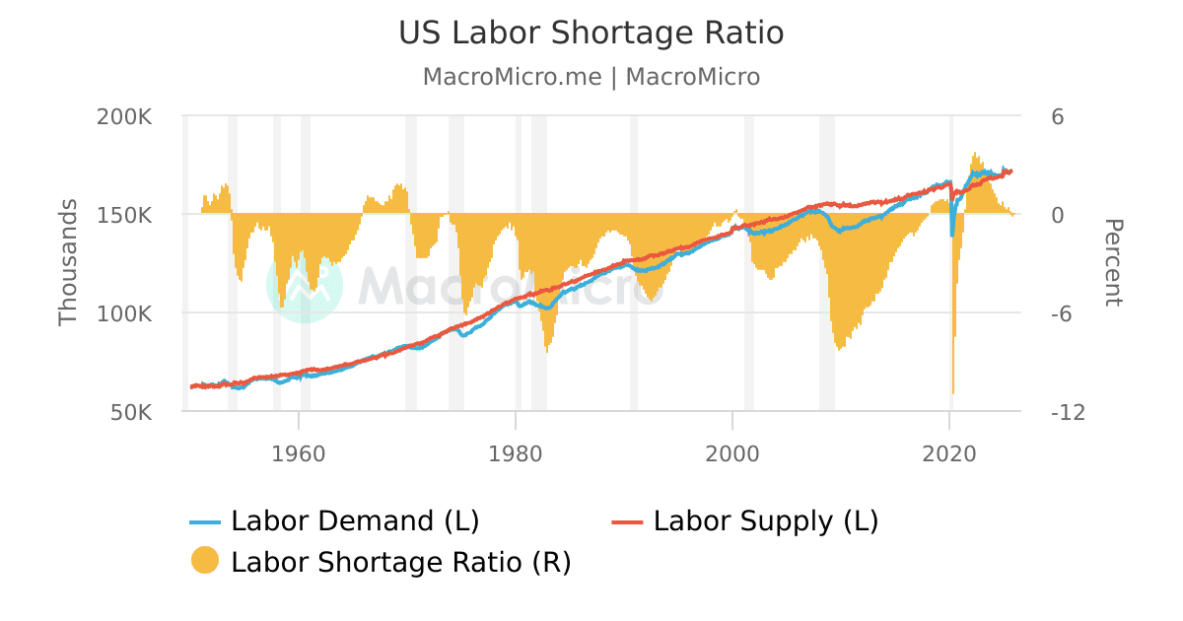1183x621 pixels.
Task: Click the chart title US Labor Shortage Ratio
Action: (x=591, y=34)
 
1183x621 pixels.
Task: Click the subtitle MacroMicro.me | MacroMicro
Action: (x=591, y=77)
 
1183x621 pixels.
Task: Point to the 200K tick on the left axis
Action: (x=124, y=116)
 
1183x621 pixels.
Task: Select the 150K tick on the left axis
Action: (x=124, y=215)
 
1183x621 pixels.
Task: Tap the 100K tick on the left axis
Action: (x=124, y=313)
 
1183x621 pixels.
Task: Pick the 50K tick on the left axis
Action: (x=129, y=412)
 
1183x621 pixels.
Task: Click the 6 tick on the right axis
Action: (x=1058, y=116)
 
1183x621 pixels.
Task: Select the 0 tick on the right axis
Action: (x=1058, y=215)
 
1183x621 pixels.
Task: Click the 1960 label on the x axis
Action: (x=298, y=453)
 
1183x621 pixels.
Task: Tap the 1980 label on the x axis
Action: (x=515, y=453)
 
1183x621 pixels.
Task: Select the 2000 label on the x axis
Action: (x=731, y=453)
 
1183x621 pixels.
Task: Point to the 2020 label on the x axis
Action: (x=948, y=453)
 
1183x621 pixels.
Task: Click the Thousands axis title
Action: (x=68, y=262)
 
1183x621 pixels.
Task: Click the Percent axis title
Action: (x=1112, y=263)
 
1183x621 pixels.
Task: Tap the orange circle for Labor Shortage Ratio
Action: (x=205, y=561)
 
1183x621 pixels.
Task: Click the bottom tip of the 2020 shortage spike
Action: (x=953, y=393)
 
